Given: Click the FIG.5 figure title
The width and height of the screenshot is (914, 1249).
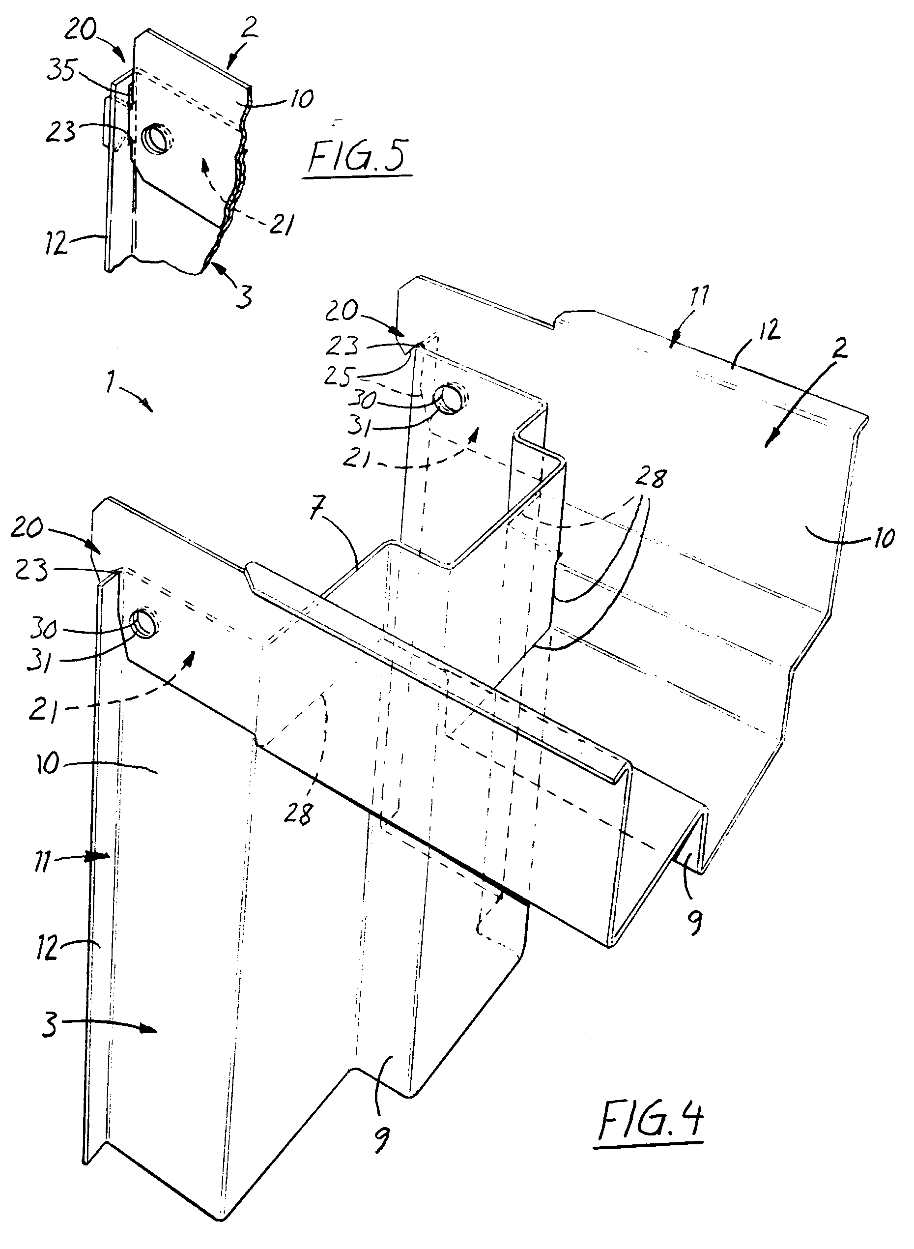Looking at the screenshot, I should click(x=359, y=157).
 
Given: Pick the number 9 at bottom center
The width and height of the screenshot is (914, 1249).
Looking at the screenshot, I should click(x=381, y=1139).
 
